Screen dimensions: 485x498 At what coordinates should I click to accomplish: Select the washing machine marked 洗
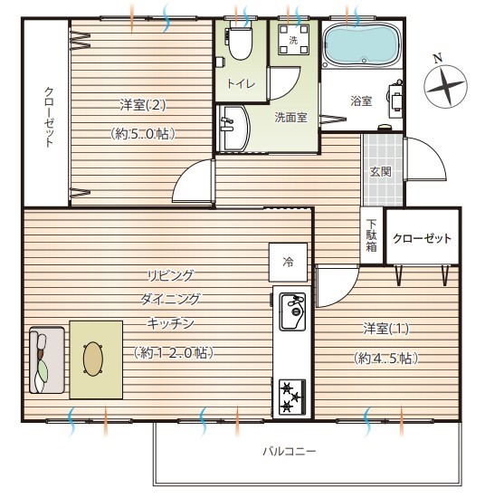click(x=293, y=39)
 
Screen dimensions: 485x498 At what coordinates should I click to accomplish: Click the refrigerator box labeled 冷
click(x=288, y=263)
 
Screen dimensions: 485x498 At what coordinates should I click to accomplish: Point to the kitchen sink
click(x=292, y=311)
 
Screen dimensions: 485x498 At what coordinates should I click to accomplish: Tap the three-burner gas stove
click(x=292, y=397)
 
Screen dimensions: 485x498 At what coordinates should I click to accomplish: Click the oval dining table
click(x=93, y=359)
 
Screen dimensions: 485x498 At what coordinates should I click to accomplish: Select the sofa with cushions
click(x=47, y=360)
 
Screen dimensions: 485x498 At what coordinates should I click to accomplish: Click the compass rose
click(x=446, y=86)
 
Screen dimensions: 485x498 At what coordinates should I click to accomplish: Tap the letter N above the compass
click(x=438, y=59)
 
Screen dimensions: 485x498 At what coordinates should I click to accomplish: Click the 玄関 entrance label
click(x=381, y=172)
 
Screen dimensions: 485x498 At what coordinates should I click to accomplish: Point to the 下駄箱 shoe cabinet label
click(x=371, y=235)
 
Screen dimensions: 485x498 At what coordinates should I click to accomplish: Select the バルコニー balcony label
click(x=290, y=451)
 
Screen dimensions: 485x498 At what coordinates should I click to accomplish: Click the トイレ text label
click(x=241, y=84)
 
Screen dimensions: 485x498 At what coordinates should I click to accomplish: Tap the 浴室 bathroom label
click(x=361, y=101)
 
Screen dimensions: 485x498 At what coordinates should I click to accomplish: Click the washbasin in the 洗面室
click(x=233, y=128)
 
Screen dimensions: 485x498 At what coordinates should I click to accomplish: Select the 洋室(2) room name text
click(x=143, y=104)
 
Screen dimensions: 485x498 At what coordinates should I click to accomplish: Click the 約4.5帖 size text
click(x=385, y=359)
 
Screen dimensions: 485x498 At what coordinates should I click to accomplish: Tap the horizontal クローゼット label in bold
click(x=422, y=238)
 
